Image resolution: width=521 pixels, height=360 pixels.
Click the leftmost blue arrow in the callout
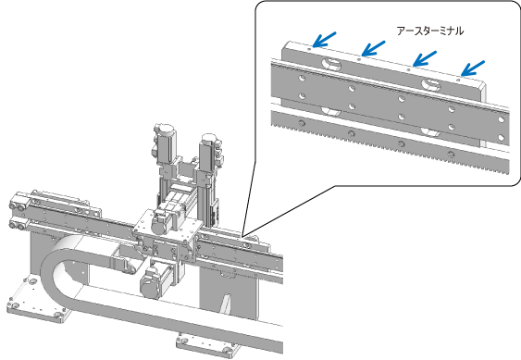(324, 40)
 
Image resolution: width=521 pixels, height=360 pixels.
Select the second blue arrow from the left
(373, 48)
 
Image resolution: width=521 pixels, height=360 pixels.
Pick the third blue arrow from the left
(425, 58)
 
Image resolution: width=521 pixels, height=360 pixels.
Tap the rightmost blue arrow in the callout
(473, 68)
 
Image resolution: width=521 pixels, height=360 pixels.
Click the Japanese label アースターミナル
(430, 31)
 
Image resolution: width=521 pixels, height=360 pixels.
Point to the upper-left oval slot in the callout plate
(331, 63)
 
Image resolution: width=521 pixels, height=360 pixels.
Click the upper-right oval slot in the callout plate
(431, 84)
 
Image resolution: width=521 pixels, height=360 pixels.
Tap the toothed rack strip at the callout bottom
(391, 143)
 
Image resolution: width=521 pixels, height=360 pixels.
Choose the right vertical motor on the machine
(211, 150)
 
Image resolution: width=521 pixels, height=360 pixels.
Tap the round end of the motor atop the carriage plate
(160, 226)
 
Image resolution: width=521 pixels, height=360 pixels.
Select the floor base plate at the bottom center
(207, 346)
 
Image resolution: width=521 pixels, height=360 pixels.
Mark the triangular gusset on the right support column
(227, 304)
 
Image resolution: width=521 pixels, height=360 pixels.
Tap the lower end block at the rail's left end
(19, 223)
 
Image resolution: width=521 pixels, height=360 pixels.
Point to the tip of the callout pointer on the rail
(242, 236)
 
